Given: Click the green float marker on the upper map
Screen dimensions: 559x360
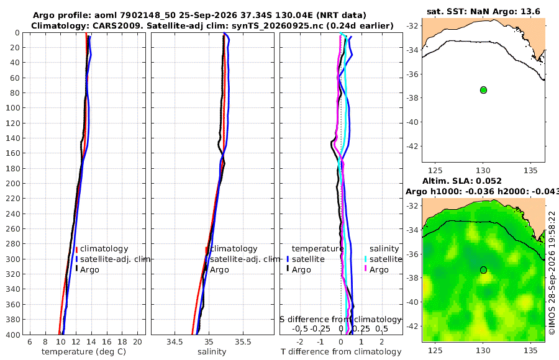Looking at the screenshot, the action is (x=483, y=90).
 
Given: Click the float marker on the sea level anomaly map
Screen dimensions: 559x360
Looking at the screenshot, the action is (x=483, y=270).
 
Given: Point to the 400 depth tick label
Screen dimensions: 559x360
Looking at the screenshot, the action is (x=13, y=335).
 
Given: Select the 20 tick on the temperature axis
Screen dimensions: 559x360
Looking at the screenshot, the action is (x=138, y=342).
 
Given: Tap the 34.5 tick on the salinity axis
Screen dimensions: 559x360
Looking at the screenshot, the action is (x=175, y=342).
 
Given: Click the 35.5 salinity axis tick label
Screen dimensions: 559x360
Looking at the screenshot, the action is (x=243, y=342).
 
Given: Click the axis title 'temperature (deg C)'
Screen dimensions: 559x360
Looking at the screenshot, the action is (x=84, y=352).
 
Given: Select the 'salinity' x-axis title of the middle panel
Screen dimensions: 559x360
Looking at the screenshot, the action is (x=212, y=352).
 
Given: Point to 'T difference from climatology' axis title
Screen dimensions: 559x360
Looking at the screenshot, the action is (x=341, y=352).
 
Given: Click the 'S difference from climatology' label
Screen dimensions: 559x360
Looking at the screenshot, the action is (x=341, y=320).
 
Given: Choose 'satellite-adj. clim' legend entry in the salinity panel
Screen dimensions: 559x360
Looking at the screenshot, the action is (x=245, y=259).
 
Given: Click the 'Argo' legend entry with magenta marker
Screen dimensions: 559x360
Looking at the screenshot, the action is (x=379, y=270).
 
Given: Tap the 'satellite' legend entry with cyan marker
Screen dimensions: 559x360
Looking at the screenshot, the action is (x=386, y=259).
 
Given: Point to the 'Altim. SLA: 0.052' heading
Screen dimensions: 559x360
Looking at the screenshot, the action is (x=462, y=181).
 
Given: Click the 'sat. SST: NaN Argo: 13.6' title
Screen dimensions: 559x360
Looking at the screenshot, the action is (x=483, y=12).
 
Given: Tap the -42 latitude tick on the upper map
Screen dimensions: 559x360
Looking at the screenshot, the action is (x=412, y=146).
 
